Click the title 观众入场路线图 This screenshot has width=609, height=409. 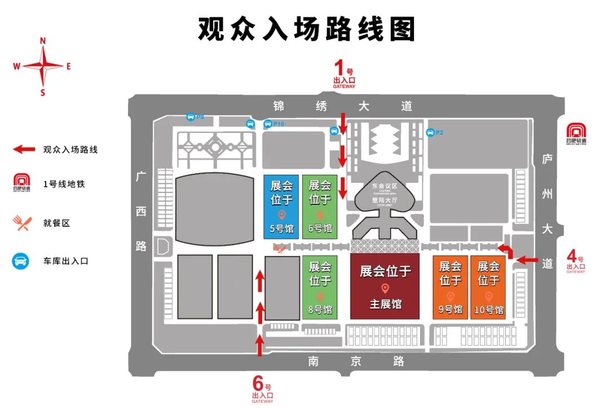tap(306, 28)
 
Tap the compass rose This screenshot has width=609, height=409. tap(43, 66)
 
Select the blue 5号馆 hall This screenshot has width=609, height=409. tap(281, 206)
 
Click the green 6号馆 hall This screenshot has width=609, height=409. tap(320, 206)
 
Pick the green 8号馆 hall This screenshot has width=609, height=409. tap(320, 287)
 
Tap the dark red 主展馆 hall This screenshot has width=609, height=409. tap(385, 286)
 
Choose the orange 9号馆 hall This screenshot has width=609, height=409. tap(450, 287)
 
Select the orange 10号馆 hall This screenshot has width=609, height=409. tap(488, 287)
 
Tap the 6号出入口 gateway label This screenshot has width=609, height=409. tap(262, 390)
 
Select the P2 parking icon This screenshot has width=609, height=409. tap(431, 133)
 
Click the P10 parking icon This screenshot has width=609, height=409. tap(268, 124)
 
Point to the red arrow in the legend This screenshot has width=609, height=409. tap(24, 149)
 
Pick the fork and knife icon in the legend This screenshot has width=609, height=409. tap(21, 223)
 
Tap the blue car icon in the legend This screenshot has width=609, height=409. tap(21, 261)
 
